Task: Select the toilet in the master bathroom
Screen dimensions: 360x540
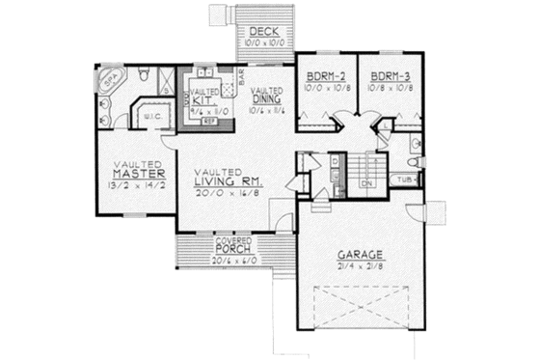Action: tap(142, 73)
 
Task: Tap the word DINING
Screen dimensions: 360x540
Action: tap(266, 98)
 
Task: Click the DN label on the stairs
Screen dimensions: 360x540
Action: tap(366, 181)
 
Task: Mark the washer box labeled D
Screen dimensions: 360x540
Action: tap(334, 161)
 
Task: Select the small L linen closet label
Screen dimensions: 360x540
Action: tap(385, 126)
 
